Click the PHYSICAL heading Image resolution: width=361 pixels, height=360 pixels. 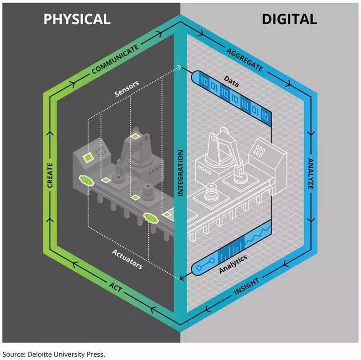tap(77, 19)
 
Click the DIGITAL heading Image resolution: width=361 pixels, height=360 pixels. tap(289, 19)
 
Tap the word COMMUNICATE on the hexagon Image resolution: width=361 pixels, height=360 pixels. tap(115, 59)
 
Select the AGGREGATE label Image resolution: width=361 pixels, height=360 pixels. tap(244, 60)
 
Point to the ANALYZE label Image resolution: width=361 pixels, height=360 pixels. tap(311, 173)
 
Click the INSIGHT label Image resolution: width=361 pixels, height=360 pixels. tap(246, 286)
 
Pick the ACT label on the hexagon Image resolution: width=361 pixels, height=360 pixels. tap(115, 287)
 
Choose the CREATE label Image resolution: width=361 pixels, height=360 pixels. tap(50, 175)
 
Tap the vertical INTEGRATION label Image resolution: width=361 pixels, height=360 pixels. tap(180, 173)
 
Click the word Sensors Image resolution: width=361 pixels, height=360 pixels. tap(127, 88)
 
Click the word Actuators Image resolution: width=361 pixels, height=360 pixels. tap(127, 259)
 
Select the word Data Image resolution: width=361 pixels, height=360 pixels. tap(231, 81)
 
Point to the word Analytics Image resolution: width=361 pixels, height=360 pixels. tap(233, 264)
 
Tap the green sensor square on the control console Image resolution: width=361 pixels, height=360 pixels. tap(88, 158)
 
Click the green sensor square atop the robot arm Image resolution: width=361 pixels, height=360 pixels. tap(135, 136)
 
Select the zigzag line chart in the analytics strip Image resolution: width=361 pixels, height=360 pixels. tap(258, 234)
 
